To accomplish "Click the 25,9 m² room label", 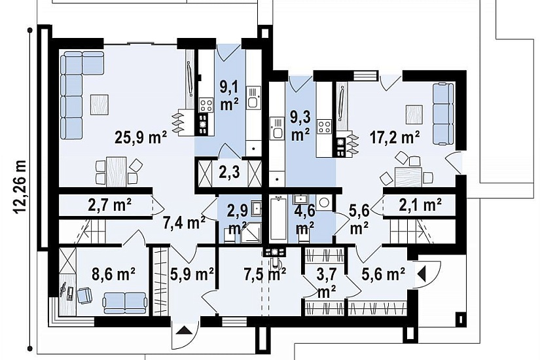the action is [x=141, y=138].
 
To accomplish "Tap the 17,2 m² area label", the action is [x=395, y=137].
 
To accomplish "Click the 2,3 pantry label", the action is [x=230, y=172].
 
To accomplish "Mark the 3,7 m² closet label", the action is [x=326, y=283].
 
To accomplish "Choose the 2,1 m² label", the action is [x=420, y=206].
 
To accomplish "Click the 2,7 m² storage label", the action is [x=109, y=206].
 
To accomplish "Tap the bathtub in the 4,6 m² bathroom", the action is [x=278, y=218].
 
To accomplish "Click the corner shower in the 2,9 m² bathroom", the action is [x=251, y=234].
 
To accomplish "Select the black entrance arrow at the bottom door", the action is [x=185, y=331].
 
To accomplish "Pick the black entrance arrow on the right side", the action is [x=422, y=274].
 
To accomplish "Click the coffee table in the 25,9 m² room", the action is [x=99, y=104].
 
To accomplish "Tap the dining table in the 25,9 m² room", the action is [x=117, y=171].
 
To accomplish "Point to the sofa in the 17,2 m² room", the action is [x=443, y=113].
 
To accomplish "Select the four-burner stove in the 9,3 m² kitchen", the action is [x=325, y=126].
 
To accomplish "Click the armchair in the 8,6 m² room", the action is [x=84, y=296].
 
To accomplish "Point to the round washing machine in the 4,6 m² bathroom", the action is [x=324, y=202].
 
